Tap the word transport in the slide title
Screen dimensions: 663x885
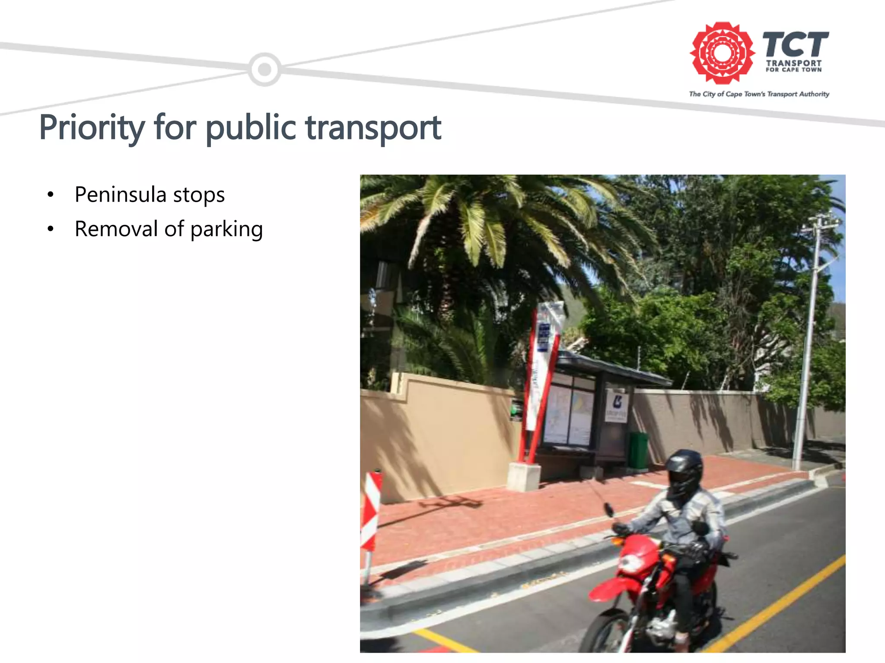[x=373, y=128]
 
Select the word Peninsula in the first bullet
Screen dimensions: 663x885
[x=120, y=195]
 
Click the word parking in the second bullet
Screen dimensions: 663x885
[x=226, y=229]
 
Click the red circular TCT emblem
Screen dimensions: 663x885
[x=722, y=53]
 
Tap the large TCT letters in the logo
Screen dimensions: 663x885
[x=795, y=44]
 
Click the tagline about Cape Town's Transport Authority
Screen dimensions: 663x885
[x=759, y=94]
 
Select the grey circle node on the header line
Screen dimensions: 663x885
[x=264, y=69]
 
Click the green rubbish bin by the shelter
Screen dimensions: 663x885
[x=638, y=450]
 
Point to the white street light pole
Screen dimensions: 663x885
[x=807, y=345]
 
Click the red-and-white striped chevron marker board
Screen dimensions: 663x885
[x=371, y=511]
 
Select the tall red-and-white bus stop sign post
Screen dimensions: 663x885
[x=540, y=380]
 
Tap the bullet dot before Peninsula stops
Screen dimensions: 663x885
[x=51, y=195]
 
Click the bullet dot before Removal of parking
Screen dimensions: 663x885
[x=51, y=229]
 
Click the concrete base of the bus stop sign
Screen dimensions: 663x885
[x=524, y=476]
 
